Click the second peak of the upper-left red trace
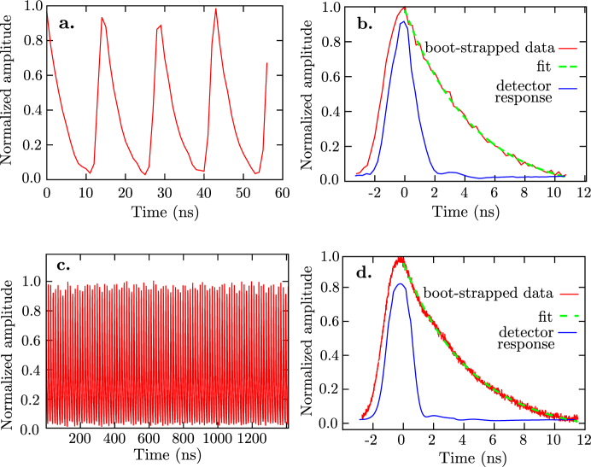point(102,17)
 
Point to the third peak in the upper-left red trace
point(161,25)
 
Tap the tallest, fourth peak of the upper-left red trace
point(216,9)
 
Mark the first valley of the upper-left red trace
point(90,173)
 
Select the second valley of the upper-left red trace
point(144,175)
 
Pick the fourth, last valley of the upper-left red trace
point(255,174)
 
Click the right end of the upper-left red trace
point(267,62)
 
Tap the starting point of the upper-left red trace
point(47,14)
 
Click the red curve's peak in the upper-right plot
point(404,9)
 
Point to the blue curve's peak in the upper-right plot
point(403,21)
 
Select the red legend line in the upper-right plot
point(568,49)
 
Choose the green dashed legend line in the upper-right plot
point(568,67)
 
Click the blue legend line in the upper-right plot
point(568,89)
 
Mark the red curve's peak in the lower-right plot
point(400,259)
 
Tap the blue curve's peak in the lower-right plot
point(399,283)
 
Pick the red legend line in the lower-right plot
point(569,294)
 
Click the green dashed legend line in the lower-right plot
point(569,315)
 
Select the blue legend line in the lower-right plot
point(569,333)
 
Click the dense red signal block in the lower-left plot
point(167,354)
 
